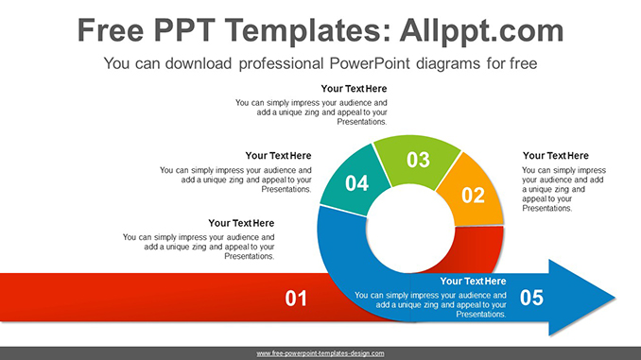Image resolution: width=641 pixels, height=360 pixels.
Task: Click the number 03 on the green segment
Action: (418, 160)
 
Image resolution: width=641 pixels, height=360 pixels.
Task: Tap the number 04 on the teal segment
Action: (356, 183)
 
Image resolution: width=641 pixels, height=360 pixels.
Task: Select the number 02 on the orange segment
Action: (473, 196)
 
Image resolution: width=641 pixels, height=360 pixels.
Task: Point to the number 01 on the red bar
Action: (296, 299)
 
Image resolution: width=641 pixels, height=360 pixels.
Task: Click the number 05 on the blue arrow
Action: (531, 298)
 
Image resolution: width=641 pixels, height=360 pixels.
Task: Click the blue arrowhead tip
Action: (615, 298)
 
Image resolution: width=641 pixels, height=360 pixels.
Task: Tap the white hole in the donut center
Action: (410, 229)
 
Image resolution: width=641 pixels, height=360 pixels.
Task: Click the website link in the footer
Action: (320, 353)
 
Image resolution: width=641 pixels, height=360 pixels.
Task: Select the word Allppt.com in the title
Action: (481, 30)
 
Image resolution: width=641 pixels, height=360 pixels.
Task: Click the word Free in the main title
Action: (111, 30)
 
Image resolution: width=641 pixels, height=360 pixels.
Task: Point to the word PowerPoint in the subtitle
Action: (370, 63)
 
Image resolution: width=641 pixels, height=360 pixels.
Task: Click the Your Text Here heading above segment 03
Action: (354, 89)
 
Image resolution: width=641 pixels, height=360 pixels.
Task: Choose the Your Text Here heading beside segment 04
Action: (278, 156)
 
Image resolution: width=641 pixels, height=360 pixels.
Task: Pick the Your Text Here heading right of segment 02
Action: (556, 156)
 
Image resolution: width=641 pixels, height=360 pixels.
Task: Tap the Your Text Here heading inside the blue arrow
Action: (473, 282)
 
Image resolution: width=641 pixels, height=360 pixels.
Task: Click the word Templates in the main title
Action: (306, 30)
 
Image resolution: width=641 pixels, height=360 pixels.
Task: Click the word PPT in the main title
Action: (184, 30)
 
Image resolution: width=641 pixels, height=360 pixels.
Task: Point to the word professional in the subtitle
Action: (281, 63)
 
